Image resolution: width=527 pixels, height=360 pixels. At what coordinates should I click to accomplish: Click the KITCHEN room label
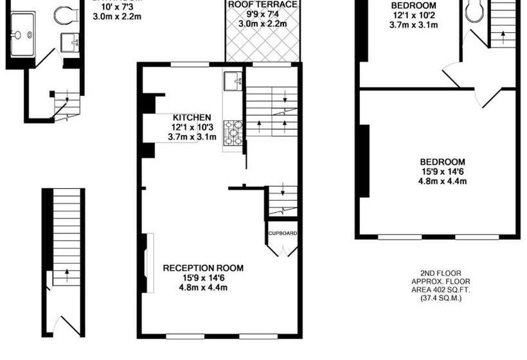tap(192, 118)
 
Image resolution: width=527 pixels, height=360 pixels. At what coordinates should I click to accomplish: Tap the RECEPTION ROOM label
tap(203, 267)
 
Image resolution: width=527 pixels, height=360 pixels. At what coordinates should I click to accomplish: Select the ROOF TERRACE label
tap(262, 4)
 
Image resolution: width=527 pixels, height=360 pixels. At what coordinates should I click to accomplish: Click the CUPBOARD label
tap(283, 233)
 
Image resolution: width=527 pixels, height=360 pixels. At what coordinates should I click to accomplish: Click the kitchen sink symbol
tap(233, 81)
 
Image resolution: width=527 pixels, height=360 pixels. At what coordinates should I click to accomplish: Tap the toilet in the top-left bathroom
tap(65, 14)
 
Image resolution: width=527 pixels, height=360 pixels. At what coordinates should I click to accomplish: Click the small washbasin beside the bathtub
tap(69, 42)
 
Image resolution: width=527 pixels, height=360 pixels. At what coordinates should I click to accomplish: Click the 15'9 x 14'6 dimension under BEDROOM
tap(442, 172)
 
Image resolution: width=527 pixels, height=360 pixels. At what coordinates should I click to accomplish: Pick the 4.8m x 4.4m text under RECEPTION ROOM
tap(203, 287)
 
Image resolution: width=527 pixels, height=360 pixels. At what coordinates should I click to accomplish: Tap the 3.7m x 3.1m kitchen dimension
tap(192, 137)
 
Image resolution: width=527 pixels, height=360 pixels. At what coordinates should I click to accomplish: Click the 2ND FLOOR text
tap(441, 273)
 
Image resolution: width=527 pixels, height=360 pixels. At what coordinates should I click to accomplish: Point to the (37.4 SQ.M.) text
tap(441, 298)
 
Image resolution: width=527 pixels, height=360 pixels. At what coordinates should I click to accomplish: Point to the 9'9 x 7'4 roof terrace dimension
tap(262, 14)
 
